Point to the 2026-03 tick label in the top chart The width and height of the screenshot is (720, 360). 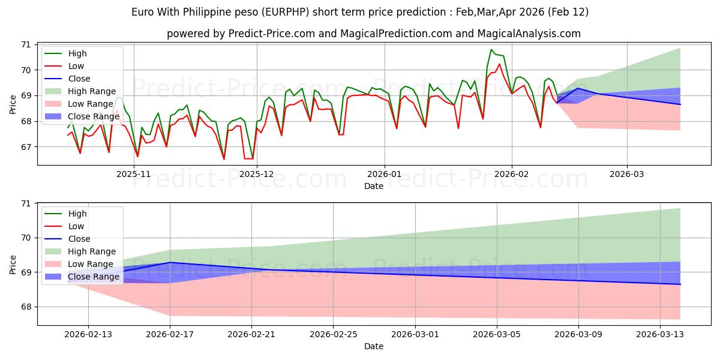tap(627, 173)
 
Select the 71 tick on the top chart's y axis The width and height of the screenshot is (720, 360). tap(25, 44)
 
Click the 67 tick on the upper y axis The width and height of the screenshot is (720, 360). tap(25, 147)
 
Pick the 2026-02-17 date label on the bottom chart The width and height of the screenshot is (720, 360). tap(170, 334)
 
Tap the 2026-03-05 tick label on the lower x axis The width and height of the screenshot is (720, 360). tap(497, 334)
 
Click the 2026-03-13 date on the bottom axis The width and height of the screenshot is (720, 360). tap(660, 334)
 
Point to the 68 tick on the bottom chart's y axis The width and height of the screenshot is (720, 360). tap(25, 307)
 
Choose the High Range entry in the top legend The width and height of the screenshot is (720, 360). tap(91, 91)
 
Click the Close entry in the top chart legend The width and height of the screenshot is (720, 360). tap(79, 79)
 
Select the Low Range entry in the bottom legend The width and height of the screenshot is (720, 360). tap(90, 264)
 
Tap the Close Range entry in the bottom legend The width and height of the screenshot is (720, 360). tap(94, 277)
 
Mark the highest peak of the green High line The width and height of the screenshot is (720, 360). tap(491, 50)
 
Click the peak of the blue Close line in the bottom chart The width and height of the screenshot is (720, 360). tap(170, 262)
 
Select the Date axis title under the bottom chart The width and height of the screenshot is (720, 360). tap(374, 346)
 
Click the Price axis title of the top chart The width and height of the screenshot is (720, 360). tap(13, 104)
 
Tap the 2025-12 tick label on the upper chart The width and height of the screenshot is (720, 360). tap(257, 173)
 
